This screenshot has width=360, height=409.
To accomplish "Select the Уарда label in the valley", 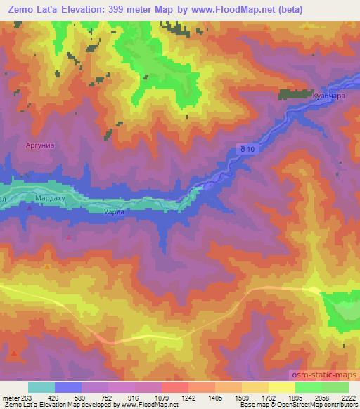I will (113, 212).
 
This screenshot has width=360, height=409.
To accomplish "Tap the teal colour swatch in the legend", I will (41, 387).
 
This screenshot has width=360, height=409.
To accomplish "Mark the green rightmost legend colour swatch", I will (335, 387).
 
